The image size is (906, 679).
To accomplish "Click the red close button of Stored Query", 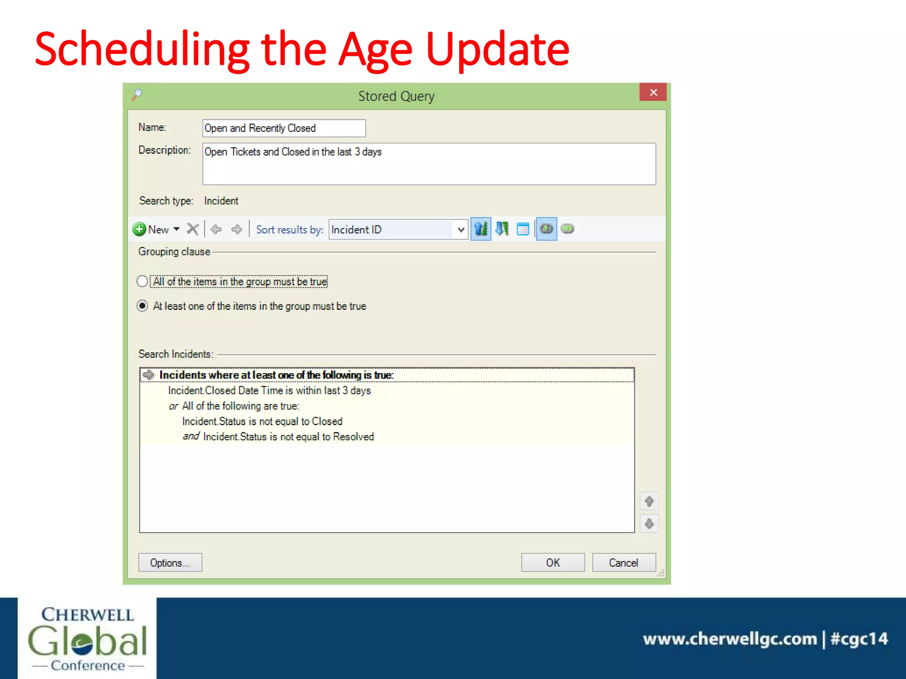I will pos(653,92).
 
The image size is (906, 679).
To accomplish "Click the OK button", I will pos(553,562).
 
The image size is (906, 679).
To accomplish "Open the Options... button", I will pos(170,562).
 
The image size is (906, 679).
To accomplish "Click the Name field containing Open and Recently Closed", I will pos(284,128).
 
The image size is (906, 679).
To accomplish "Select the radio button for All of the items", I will pos(142,281).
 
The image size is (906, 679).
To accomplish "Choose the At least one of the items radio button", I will pos(142,306).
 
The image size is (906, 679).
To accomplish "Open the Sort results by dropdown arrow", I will pos(461,229).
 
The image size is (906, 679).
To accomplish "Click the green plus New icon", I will pos(139,229).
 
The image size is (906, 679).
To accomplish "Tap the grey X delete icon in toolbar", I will pos(192,229).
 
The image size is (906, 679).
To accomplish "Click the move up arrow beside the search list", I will pos(649,501).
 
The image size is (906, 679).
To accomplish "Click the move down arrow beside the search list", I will pos(649,524).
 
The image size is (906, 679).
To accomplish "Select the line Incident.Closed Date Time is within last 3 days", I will pos(269,390).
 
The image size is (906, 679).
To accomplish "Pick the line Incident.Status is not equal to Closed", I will pos(262,421).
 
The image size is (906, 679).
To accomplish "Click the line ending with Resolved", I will pos(288,437).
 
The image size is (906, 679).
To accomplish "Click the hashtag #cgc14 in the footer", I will pos(859,639).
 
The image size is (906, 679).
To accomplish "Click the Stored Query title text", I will pos(396,96).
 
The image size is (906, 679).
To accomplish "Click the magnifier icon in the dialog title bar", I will pos(137,94).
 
